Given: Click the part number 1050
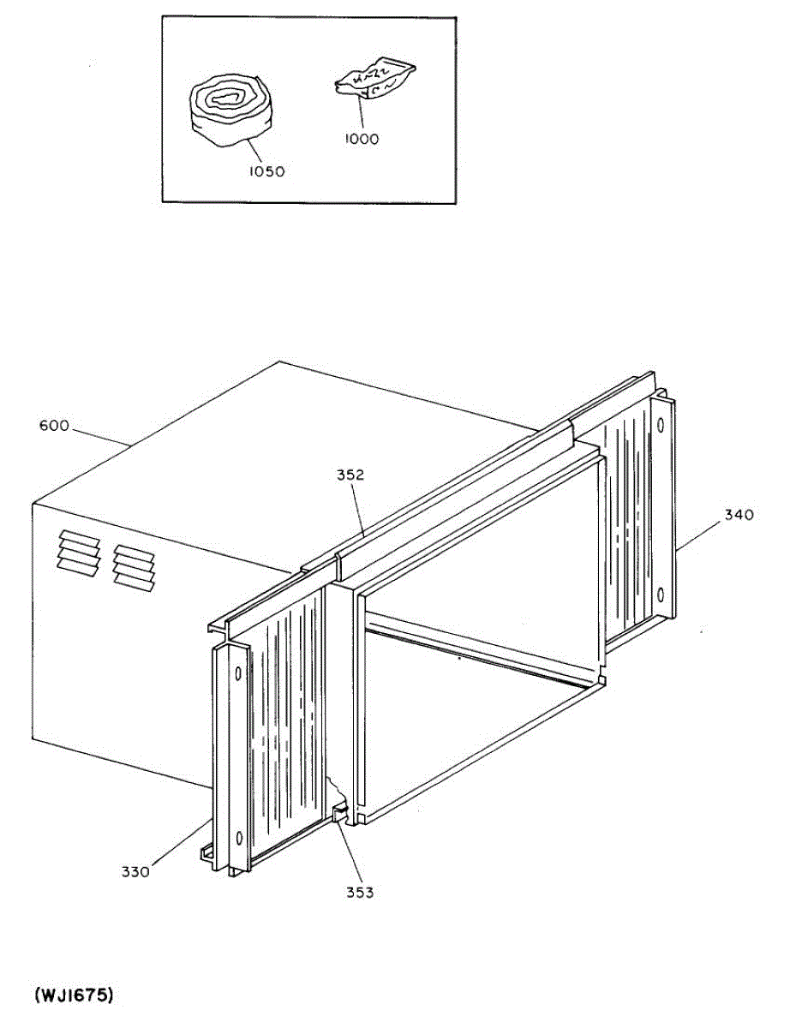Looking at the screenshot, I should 266,170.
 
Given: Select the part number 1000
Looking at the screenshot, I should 362,138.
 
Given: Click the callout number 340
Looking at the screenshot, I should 739,515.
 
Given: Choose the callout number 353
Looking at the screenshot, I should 360,892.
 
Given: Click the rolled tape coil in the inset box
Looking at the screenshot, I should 229,111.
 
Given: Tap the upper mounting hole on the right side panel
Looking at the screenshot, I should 661,426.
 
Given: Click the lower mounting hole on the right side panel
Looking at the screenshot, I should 661,595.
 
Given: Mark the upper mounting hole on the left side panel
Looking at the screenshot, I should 237,674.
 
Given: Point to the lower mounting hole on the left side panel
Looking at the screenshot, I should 238,837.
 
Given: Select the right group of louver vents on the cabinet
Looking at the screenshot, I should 133,566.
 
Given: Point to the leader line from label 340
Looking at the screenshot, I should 697,535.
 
